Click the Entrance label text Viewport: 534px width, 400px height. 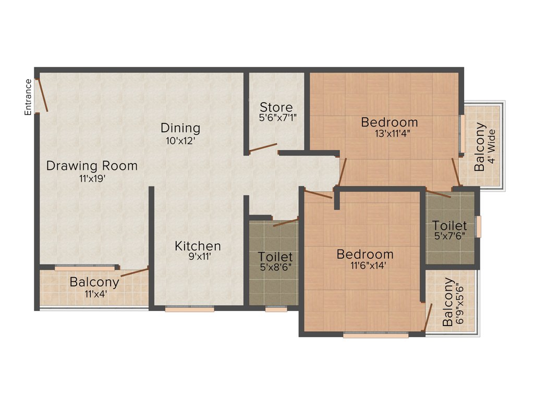pyautogui.click(x=28, y=96)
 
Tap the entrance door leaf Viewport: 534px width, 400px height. pyautogui.click(x=42, y=95)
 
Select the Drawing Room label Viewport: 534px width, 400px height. pyautogui.click(x=92, y=166)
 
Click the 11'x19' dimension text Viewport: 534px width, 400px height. pyautogui.click(x=92, y=179)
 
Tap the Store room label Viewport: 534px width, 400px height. pyautogui.click(x=276, y=107)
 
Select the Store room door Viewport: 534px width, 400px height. pyautogui.click(x=263, y=148)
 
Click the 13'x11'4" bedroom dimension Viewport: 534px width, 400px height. pyautogui.click(x=389, y=133)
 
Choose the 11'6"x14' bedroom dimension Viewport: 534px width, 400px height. pyautogui.click(x=365, y=266)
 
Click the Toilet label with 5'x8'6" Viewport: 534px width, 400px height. pyautogui.click(x=275, y=257)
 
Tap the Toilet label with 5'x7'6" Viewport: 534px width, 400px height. pyautogui.click(x=449, y=226)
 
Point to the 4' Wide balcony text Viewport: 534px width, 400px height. pyautogui.click(x=491, y=147)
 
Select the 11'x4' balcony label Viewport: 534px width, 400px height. pyautogui.click(x=94, y=282)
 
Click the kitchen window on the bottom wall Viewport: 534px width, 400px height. pyautogui.click(x=189, y=309)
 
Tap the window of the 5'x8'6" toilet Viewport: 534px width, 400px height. pyautogui.click(x=275, y=309)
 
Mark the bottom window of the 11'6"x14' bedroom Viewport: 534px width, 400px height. pyautogui.click(x=375, y=335)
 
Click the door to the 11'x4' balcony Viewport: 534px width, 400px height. pyautogui.click(x=135, y=271)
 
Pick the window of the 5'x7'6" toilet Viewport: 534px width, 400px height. pyautogui.click(x=478, y=226)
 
